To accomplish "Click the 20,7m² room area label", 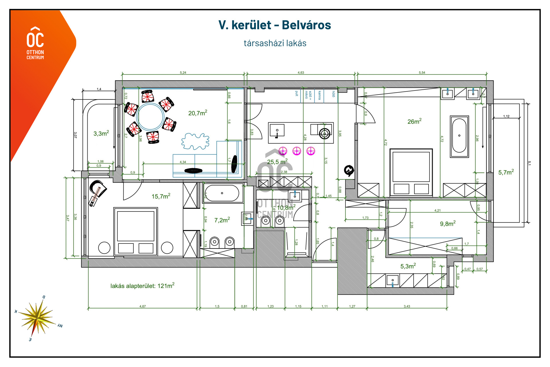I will tap(197, 113).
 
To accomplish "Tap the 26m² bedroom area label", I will tap(414, 121).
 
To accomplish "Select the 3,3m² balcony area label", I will tap(101, 134).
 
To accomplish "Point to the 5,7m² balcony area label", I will tap(506, 172).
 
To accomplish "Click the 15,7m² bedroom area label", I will tap(161, 196).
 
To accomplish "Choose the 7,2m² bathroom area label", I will tap(222, 220).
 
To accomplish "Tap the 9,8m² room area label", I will tap(447, 224).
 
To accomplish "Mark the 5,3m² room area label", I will tap(408, 266).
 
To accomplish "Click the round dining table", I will tap(150, 117).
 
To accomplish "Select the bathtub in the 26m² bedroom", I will tap(459, 136).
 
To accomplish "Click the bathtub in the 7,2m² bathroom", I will tap(222, 193).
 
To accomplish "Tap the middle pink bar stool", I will tap(297, 151).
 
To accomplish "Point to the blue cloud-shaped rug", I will tap(195, 141).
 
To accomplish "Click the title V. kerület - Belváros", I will tap(274, 25).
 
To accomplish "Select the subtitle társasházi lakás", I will tap(275, 43).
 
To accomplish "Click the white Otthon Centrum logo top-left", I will tap(35, 43).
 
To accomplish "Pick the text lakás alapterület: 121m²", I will tap(142, 286).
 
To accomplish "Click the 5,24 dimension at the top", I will tap(183, 73).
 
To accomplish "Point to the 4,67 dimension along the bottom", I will tap(142, 306).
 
